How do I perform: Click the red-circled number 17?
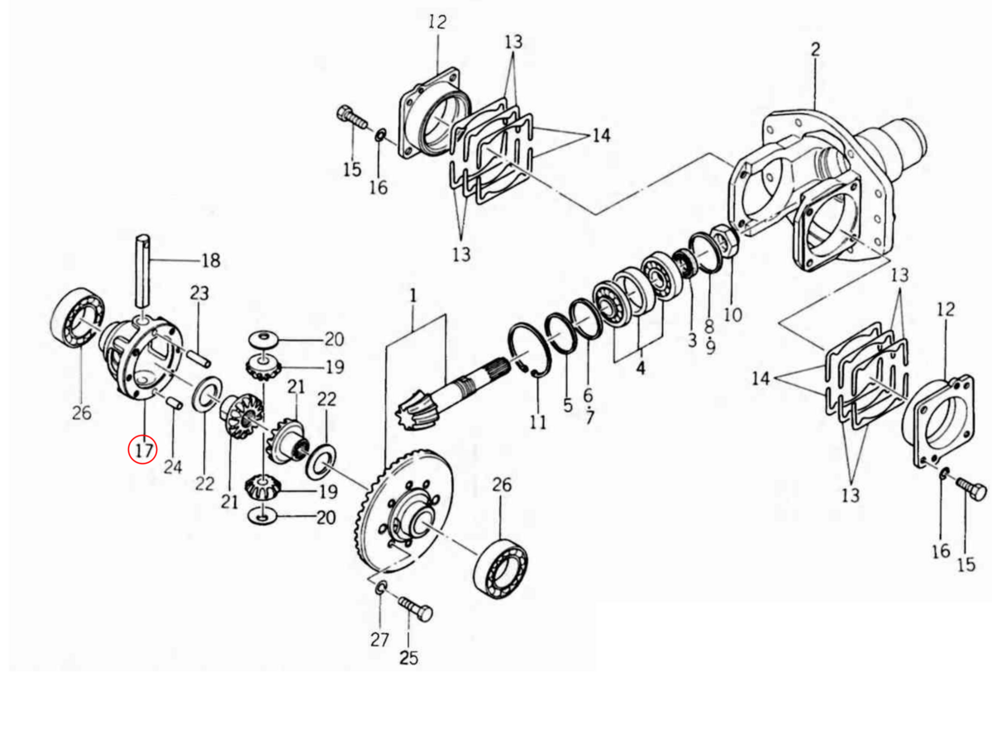click(x=143, y=450)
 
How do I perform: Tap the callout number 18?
click(x=211, y=261)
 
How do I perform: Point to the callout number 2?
click(x=815, y=50)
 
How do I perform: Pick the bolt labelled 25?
click(x=415, y=612)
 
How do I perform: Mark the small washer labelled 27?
click(x=381, y=588)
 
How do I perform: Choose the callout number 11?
click(x=538, y=422)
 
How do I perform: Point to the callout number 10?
click(x=732, y=315)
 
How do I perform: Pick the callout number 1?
click(x=413, y=294)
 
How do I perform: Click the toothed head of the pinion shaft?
click(x=417, y=411)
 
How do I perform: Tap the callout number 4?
click(x=641, y=368)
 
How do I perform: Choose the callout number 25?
click(x=408, y=658)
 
